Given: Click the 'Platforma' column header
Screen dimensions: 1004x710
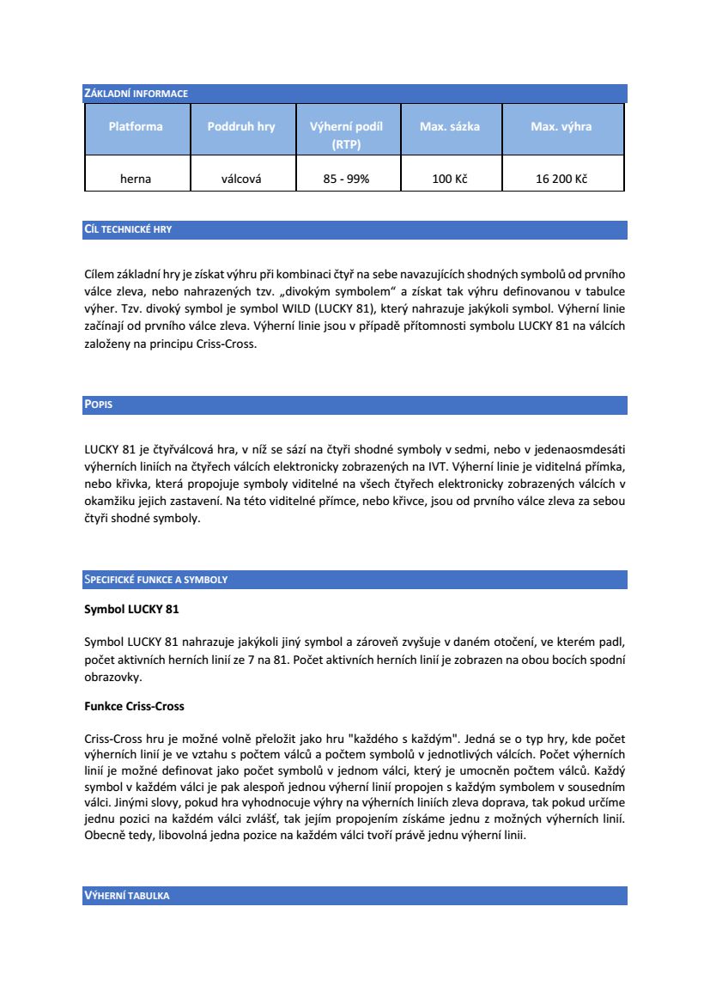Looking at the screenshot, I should (x=136, y=127).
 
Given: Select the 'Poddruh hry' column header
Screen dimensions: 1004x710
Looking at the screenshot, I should (x=241, y=127).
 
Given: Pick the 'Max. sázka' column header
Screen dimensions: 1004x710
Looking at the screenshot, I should (x=450, y=127).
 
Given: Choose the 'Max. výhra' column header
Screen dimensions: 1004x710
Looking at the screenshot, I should (x=561, y=127).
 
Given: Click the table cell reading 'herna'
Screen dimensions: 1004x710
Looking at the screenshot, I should (x=136, y=179).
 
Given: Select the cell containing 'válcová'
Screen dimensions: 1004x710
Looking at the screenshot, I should (x=241, y=179).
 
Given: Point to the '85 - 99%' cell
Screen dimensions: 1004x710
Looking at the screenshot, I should (x=346, y=179).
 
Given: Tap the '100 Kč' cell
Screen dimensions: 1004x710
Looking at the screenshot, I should (x=450, y=179).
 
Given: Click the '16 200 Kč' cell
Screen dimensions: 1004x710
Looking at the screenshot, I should (x=561, y=179).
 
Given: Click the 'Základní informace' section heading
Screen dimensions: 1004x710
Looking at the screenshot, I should (x=136, y=94).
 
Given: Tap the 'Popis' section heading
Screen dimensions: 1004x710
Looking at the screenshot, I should (x=99, y=405).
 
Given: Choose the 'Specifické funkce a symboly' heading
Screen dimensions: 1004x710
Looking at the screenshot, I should (x=155, y=580).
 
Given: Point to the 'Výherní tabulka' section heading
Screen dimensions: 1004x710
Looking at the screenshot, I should (x=126, y=896).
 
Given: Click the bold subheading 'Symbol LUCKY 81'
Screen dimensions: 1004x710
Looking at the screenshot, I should (x=131, y=609).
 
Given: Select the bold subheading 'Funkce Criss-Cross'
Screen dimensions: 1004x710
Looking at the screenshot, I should (x=134, y=706).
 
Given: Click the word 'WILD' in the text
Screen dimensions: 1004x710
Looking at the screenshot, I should (x=286, y=307).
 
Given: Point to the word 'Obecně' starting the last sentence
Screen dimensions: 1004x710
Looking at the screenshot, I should (x=103, y=834).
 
